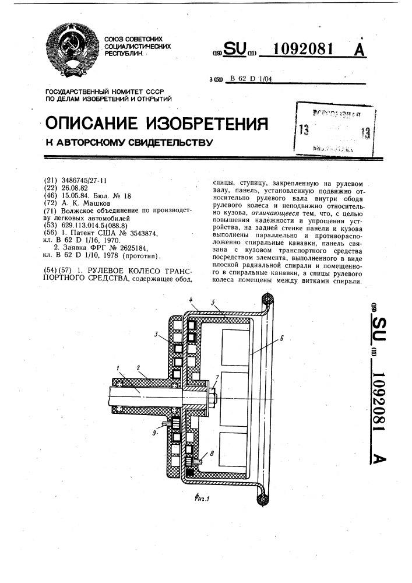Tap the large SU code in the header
pyautogui.click(x=237, y=50)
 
